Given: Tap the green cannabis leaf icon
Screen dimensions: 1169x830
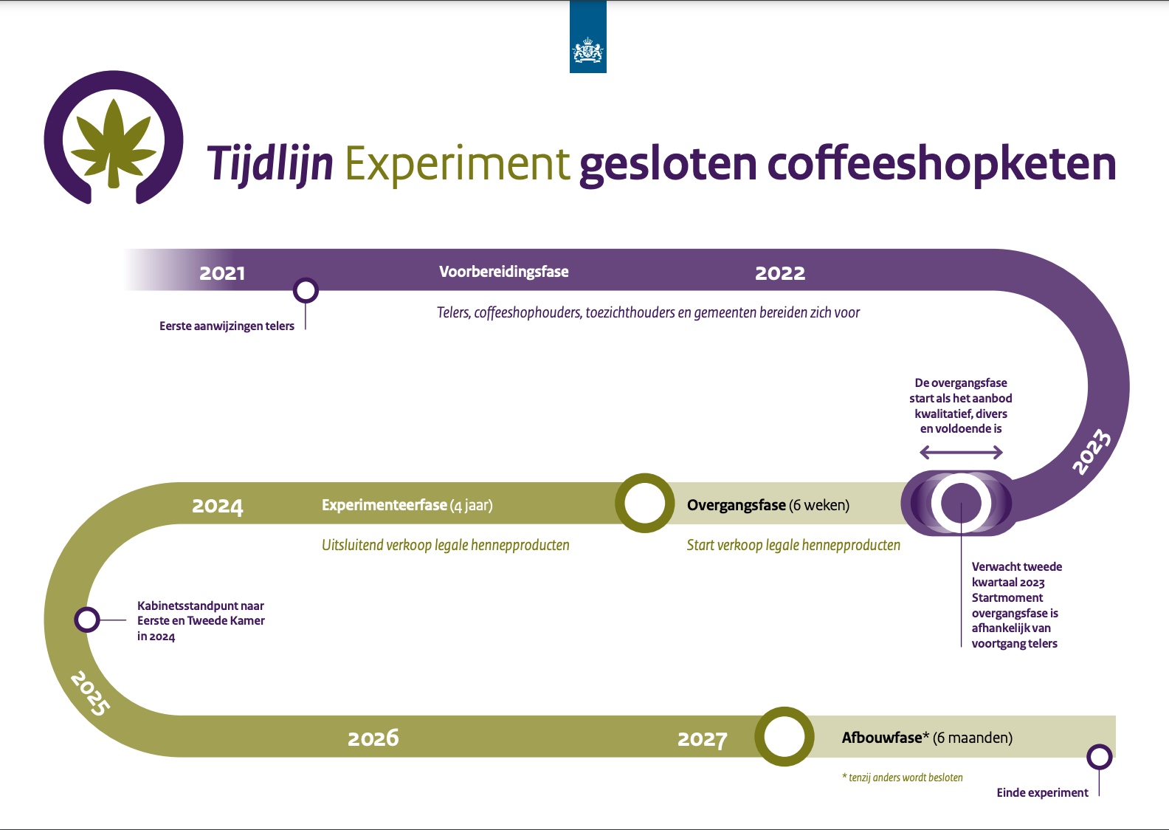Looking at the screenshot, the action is (x=113, y=143).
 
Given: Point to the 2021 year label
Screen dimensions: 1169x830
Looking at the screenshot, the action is (x=222, y=273).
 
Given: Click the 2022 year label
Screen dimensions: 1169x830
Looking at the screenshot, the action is (x=779, y=273).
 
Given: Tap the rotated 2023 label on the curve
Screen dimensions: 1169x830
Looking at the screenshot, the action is (x=1092, y=451).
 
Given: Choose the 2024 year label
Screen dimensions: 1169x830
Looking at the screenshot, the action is (x=218, y=506).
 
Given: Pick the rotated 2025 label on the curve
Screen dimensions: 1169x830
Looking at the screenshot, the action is (x=90, y=693).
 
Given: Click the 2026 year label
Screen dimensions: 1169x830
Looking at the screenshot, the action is (x=373, y=738).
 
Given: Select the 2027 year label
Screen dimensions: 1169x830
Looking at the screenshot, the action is (x=702, y=739).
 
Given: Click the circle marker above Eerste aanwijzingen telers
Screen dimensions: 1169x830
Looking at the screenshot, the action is (x=306, y=290).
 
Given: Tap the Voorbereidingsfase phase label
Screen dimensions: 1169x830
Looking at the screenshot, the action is (x=503, y=272).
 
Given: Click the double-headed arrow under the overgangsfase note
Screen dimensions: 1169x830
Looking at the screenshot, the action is (x=961, y=453).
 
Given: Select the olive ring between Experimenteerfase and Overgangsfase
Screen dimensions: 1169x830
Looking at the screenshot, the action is (x=644, y=503).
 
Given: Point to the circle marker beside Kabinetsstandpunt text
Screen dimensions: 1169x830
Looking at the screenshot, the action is (x=87, y=620).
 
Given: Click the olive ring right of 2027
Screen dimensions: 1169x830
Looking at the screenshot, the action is (x=784, y=736).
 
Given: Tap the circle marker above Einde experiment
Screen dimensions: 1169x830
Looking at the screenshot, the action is (x=1099, y=758).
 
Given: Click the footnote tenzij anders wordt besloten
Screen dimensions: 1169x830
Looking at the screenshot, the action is (x=903, y=778).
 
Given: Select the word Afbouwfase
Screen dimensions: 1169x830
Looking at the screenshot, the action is (x=882, y=738).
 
